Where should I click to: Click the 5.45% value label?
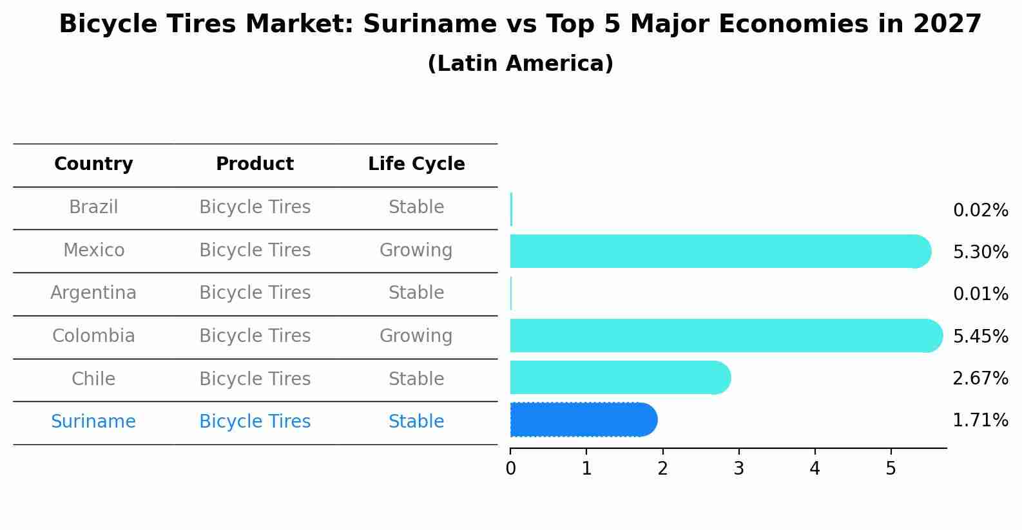[980, 336]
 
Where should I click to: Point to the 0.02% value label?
[980, 210]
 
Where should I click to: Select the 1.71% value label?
[980, 421]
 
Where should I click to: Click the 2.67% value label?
[980, 378]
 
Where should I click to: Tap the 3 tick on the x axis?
[738, 469]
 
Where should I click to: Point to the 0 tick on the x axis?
[510, 469]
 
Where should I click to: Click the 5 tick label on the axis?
[891, 469]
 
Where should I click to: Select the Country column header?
[93, 164]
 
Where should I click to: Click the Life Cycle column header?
[416, 164]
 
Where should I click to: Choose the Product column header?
[255, 164]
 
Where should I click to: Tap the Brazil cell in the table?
[93, 207]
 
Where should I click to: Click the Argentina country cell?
[93, 293]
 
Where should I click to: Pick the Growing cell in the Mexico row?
[416, 250]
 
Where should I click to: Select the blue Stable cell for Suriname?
[416, 422]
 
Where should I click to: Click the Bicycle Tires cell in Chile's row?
[255, 379]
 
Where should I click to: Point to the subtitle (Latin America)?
[520, 63]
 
